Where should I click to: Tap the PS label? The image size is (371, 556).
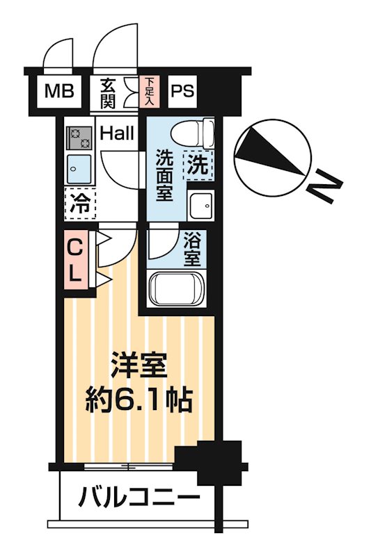coord(182,91)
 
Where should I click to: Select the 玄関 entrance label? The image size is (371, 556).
coord(108,92)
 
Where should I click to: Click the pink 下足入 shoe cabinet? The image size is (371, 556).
coord(150,92)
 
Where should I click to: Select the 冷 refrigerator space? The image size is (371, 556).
coord(81,204)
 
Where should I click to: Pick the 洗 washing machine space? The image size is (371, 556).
coord(198,166)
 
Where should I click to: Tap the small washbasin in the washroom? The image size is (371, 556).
coord(200,205)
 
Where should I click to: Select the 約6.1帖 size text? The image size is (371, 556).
coord(140,401)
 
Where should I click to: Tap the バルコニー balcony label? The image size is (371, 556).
coord(139,498)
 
